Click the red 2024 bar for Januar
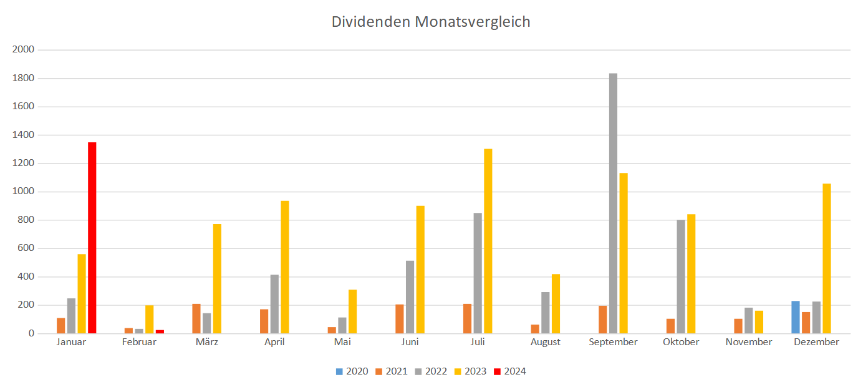click(92, 238)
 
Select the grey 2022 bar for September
click(613, 203)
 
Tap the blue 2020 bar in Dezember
click(796, 317)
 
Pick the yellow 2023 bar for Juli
click(488, 241)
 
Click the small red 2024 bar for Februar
click(160, 331)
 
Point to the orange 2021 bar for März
click(196, 318)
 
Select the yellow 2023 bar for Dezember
click(826, 258)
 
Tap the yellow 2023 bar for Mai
click(352, 311)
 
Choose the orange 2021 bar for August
click(535, 329)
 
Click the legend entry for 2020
click(352, 371)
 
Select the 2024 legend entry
click(510, 371)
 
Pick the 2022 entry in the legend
click(431, 371)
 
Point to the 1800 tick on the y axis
click(23, 79)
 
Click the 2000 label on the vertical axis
click(23, 50)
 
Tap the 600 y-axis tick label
click(26, 248)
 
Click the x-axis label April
click(274, 342)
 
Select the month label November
click(748, 342)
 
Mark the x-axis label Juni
click(410, 342)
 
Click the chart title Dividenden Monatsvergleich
click(431, 22)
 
